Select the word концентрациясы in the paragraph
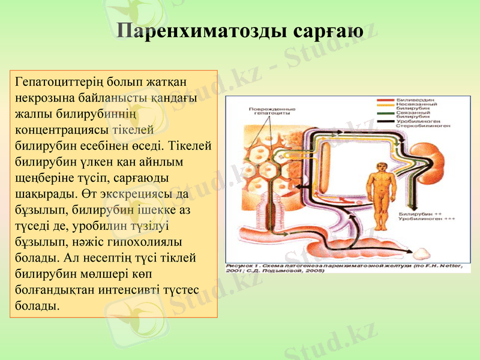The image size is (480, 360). [x=61, y=129]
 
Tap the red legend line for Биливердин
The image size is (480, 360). [x=385, y=100]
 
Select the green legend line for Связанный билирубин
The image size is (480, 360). [x=385, y=113]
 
